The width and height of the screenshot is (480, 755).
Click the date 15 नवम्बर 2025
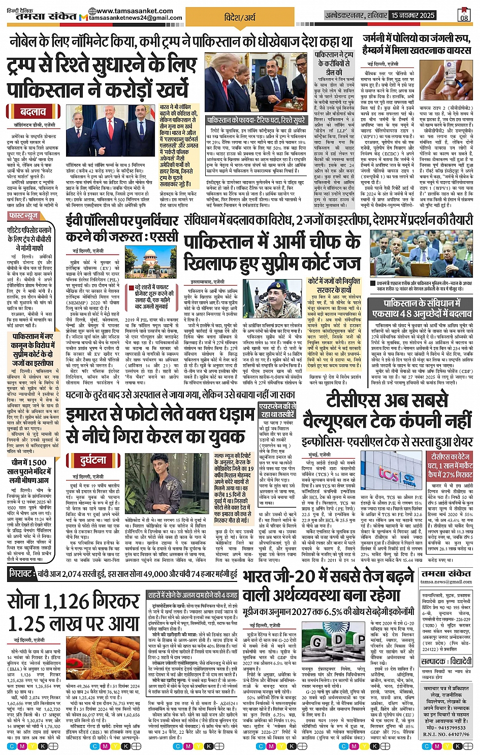point(412,15)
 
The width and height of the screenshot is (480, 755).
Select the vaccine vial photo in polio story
point(439,81)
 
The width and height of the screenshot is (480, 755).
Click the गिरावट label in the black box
point(22,574)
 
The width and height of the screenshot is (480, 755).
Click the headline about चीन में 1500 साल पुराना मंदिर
point(30,471)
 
